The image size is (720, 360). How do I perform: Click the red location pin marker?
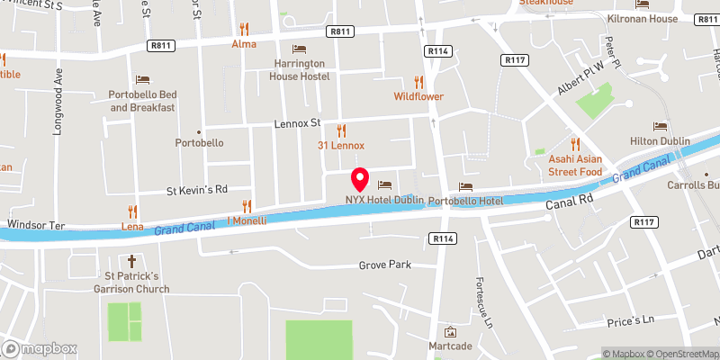click(x=360, y=177)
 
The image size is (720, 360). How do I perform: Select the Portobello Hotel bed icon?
click(x=465, y=186)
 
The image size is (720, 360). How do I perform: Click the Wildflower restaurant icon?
click(x=418, y=82)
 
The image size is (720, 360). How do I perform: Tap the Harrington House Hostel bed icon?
click(x=300, y=49)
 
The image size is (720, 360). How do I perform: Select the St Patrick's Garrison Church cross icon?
click(x=130, y=261)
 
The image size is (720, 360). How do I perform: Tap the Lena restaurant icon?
click(x=132, y=213)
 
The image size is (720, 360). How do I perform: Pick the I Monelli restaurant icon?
click(x=246, y=206)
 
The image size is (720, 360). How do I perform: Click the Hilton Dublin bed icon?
click(x=660, y=128)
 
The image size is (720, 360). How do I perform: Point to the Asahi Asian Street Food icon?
click(x=575, y=144)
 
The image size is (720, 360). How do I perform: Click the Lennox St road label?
click(x=298, y=123)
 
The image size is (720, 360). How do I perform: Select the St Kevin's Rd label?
click(x=197, y=190)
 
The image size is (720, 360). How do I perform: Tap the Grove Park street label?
click(x=384, y=265)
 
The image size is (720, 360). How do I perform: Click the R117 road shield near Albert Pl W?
click(x=513, y=58)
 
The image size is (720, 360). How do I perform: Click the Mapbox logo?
click(x=40, y=348)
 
